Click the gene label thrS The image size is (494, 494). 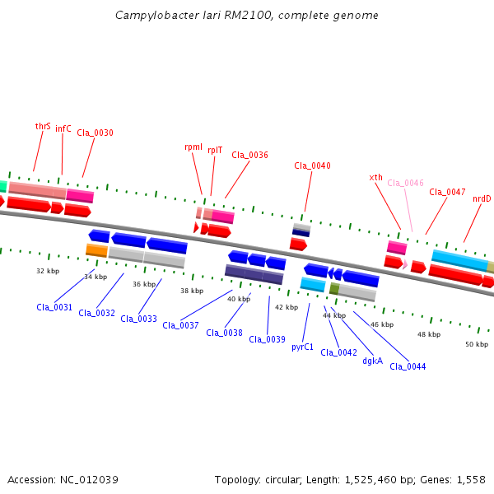tap(43, 127)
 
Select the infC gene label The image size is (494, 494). tap(63, 128)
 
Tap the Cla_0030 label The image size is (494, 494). tap(96, 133)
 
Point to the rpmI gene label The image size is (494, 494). tap(193, 147)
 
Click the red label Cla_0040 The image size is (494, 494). tap(312, 165)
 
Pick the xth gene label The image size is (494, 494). tap(376, 177)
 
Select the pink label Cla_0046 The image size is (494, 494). tap(405, 183)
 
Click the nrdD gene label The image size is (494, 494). tap(482, 198)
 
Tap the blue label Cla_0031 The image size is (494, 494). tap(54, 307)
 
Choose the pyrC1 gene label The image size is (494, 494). tap(303, 347)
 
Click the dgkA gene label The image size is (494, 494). tap(373, 360)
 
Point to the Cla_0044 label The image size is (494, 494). tap(408, 366)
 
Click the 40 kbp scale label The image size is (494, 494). tap(239, 299)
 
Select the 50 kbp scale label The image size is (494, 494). tap(477, 344)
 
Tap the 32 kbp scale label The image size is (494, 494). tap(48, 270)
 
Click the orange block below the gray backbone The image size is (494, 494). tap(96, 249)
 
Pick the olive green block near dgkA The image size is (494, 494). tap(334, 289)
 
